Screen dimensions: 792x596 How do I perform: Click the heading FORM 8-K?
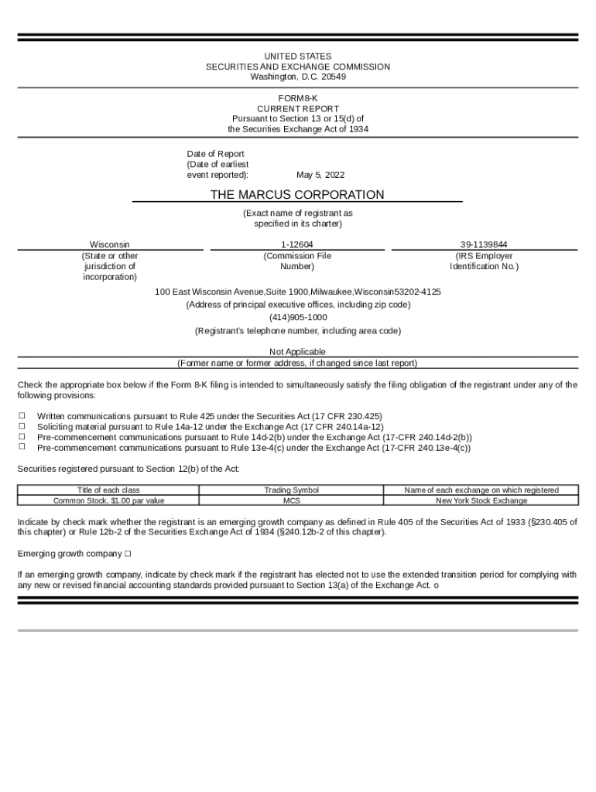298,98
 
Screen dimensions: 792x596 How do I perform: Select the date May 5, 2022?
320,176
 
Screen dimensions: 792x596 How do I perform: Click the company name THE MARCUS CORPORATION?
297,195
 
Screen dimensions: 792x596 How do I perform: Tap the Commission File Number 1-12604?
297,244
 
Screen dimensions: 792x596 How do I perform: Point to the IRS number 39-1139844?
484,244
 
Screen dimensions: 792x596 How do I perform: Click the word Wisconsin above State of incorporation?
110,244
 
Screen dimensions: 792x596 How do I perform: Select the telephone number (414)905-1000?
298,318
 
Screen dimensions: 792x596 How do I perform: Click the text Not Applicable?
297,352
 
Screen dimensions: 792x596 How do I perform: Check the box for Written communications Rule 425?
22,416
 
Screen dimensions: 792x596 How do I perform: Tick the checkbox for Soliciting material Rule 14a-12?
22,426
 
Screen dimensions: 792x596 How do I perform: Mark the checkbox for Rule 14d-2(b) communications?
22,436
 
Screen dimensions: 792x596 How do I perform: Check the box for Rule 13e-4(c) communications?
22,446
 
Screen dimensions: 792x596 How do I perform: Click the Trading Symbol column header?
291,490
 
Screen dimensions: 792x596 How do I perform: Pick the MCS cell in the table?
291,500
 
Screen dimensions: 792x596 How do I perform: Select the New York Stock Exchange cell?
481,500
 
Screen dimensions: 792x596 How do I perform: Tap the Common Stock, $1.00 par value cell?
108,500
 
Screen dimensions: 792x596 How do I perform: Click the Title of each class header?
108,490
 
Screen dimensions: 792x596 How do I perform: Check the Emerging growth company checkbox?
128,554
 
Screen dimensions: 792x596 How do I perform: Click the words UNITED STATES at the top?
298,56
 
